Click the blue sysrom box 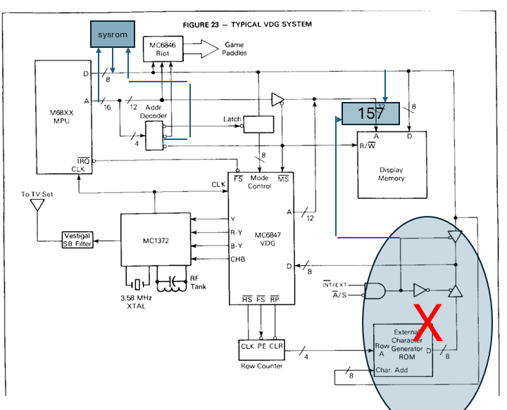[x=112, y=34]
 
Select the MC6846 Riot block [x=163, y=49]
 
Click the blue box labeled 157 [x=370, y=113]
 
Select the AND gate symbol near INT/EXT [x=377, y=289]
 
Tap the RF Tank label [x=198, y=282]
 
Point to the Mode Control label [x=259, y=182]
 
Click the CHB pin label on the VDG [x=238, y=259]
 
